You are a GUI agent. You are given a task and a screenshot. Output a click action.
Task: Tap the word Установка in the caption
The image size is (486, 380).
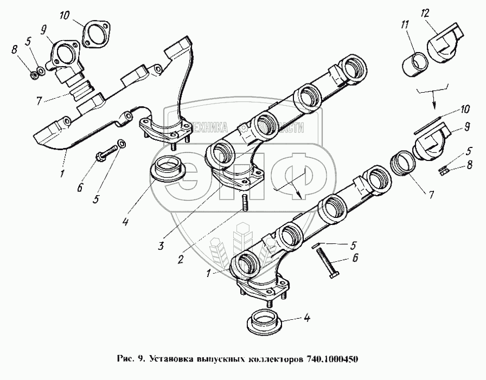pos(169,359)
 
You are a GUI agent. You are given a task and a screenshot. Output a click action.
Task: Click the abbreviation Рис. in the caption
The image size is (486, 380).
pos(125,359)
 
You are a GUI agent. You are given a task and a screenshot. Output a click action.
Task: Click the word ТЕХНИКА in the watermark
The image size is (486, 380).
pos(206,128)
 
